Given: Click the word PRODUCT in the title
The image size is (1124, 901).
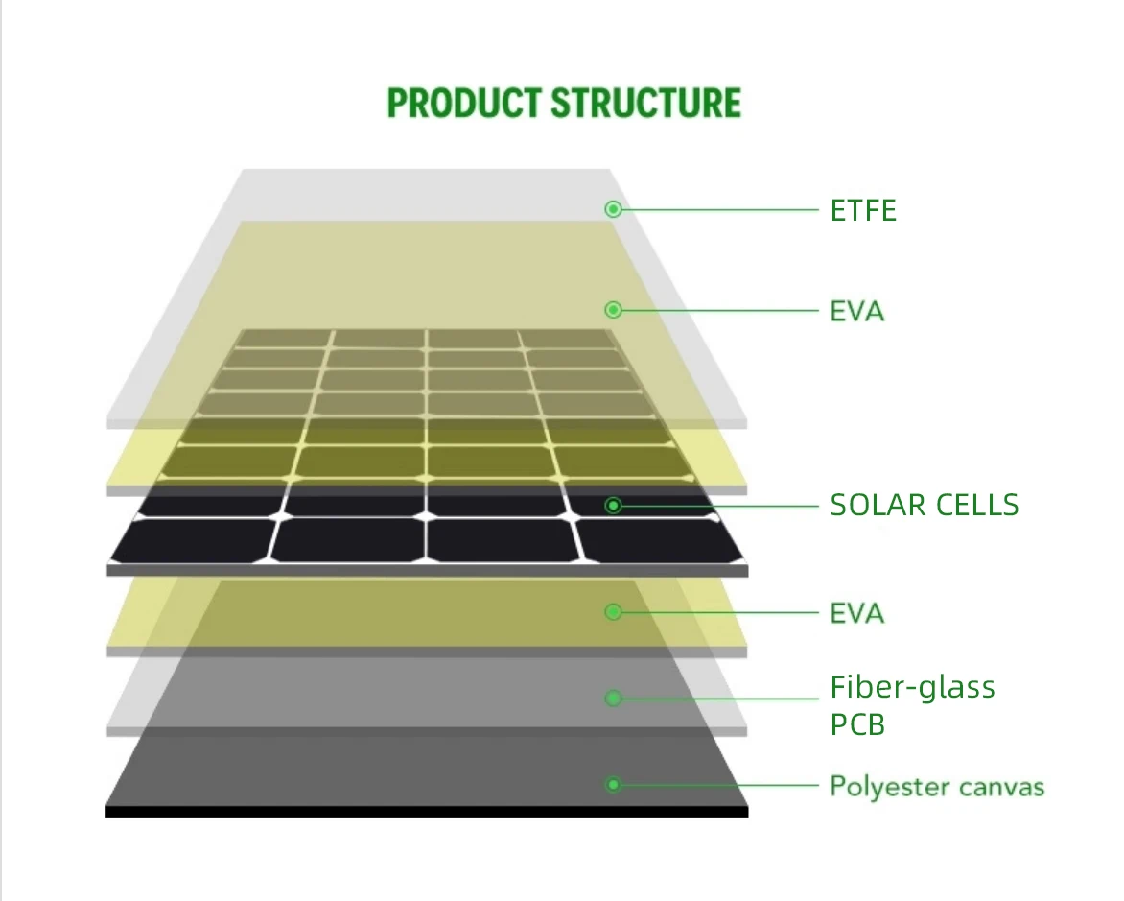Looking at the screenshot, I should point(463,103).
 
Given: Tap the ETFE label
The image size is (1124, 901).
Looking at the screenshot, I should point(863,210).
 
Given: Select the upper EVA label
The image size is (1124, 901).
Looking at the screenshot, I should point(856,311).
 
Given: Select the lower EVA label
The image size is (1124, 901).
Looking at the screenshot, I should point(856,612).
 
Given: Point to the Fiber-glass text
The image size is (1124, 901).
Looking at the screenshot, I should point(912,687).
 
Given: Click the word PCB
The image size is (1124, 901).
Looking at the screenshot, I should point(856,724).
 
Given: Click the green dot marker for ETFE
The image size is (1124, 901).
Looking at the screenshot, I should point(614,209).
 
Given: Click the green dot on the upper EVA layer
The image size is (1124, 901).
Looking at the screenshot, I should point(614,310).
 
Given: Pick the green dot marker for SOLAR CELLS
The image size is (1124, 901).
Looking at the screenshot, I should point(614,505).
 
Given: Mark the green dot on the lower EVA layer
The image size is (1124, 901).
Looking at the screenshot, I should point(614,611).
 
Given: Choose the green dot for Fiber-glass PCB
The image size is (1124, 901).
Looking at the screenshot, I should point(614,698).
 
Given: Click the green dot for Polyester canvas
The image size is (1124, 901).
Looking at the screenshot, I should point(614,785).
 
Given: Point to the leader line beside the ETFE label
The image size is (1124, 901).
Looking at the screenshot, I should point(719,209).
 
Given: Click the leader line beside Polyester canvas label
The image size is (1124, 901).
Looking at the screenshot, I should point(719,785).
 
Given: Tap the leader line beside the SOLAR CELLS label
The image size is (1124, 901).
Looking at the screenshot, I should point(719,505).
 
